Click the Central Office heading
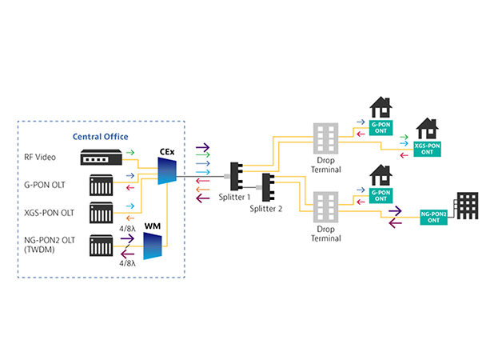point(101,136)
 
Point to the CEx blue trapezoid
point(166,170)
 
